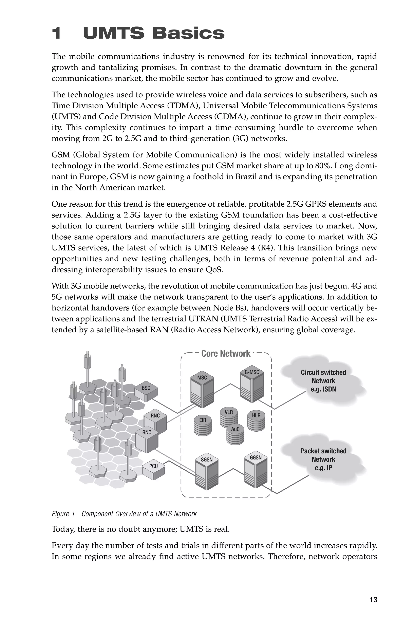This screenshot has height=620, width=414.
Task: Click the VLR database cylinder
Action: click(x=228, y=417)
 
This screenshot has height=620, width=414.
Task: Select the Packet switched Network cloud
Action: click(x=323, y=459)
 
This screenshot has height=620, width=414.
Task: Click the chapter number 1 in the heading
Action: click(x=57, y=34)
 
